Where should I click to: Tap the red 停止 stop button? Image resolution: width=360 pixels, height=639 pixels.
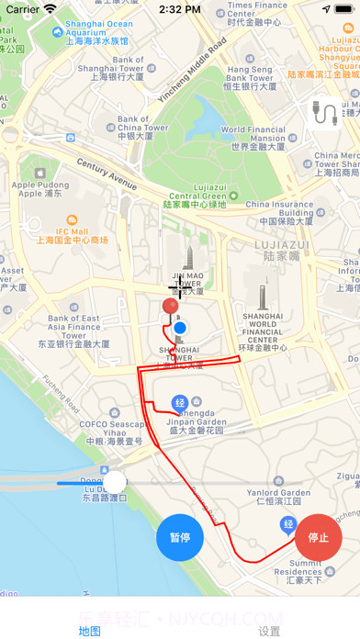[x=319, y=537]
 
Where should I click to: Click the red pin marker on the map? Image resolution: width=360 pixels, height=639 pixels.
[x=170, y=308]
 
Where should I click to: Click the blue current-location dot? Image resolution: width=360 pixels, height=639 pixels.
[x=180, y=328]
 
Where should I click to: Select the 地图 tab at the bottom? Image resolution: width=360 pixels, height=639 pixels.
[x=90, y=631]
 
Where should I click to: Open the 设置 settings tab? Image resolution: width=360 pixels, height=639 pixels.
[x=269, y=631]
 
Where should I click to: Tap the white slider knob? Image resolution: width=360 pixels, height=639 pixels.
[x=115, y=482]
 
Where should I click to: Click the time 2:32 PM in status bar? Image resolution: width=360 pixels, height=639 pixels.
[x=179, y=9]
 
